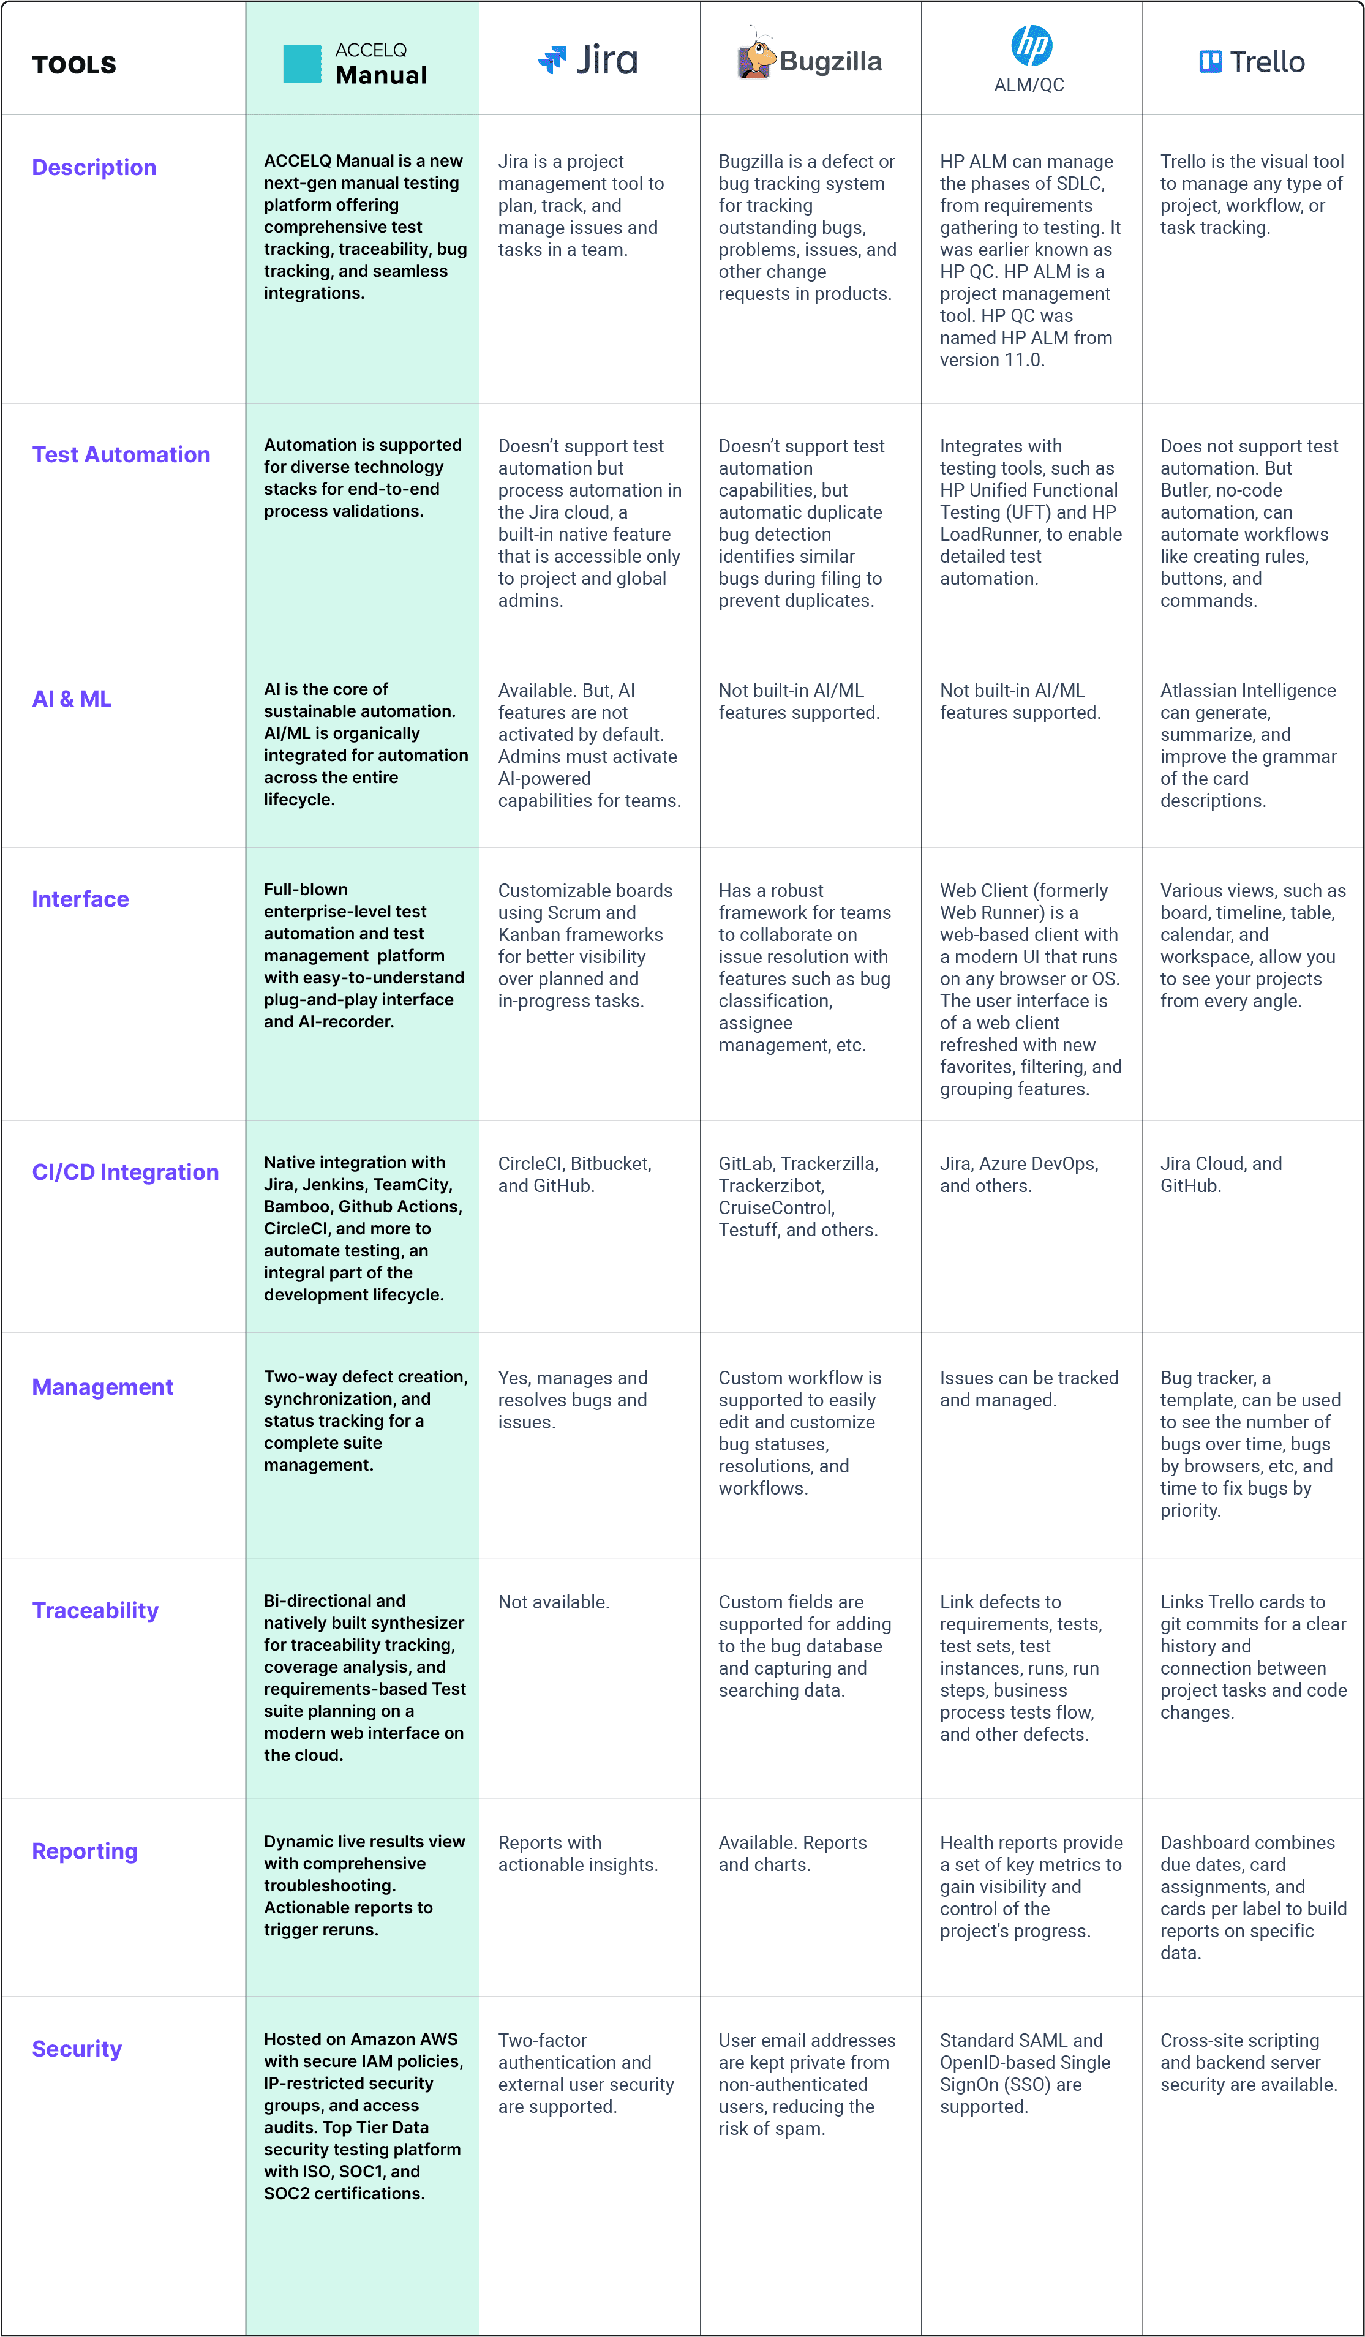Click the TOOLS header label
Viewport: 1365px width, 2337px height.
(x=74, y=65)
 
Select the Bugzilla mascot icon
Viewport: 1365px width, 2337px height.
(x=756, y=56)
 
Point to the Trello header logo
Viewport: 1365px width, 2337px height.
(x=1252, y=62)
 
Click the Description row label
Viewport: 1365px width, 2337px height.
(x=94, y=168)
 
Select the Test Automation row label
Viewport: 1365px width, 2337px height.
(x=121, y=454)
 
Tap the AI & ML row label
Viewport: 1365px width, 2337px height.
(x=72, y=699)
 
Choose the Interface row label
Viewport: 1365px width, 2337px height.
(x=81, y=899)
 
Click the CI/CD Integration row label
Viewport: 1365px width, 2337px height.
(x=125, y=1172)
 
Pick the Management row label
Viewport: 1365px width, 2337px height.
(x=102, y=1387)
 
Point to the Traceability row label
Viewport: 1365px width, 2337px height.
(x=96, y=1611)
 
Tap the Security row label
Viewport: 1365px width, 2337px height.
(x=77, y=2049)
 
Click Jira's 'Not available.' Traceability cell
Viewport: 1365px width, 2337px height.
(x=554, y=1602)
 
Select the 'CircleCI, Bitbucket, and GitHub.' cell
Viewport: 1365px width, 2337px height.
(x=575, y=1175)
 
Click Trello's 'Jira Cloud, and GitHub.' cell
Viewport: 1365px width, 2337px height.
(x=1220, y=1175)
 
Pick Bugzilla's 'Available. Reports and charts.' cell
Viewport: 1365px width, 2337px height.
(x=793, y=1854)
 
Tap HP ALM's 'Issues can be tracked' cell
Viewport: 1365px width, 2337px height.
(x=1028, y=1389)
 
